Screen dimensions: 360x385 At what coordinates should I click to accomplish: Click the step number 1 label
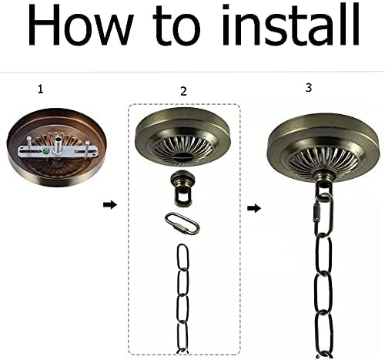(x=40, y=89)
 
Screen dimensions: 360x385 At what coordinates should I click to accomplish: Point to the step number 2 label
(x=183, y=91)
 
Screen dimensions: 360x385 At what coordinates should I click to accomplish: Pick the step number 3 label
(x=309, y=87)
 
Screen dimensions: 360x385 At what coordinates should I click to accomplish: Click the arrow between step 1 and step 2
(x=110, y=205)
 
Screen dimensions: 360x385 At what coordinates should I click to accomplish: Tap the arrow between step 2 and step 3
(x=253, y=208)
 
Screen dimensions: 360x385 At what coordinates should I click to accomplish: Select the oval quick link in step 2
(x=182, y=224)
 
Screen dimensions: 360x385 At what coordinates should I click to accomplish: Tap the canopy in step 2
(x=182, y=139)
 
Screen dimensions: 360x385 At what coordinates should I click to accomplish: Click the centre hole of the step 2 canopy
(x=182, y=156)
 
